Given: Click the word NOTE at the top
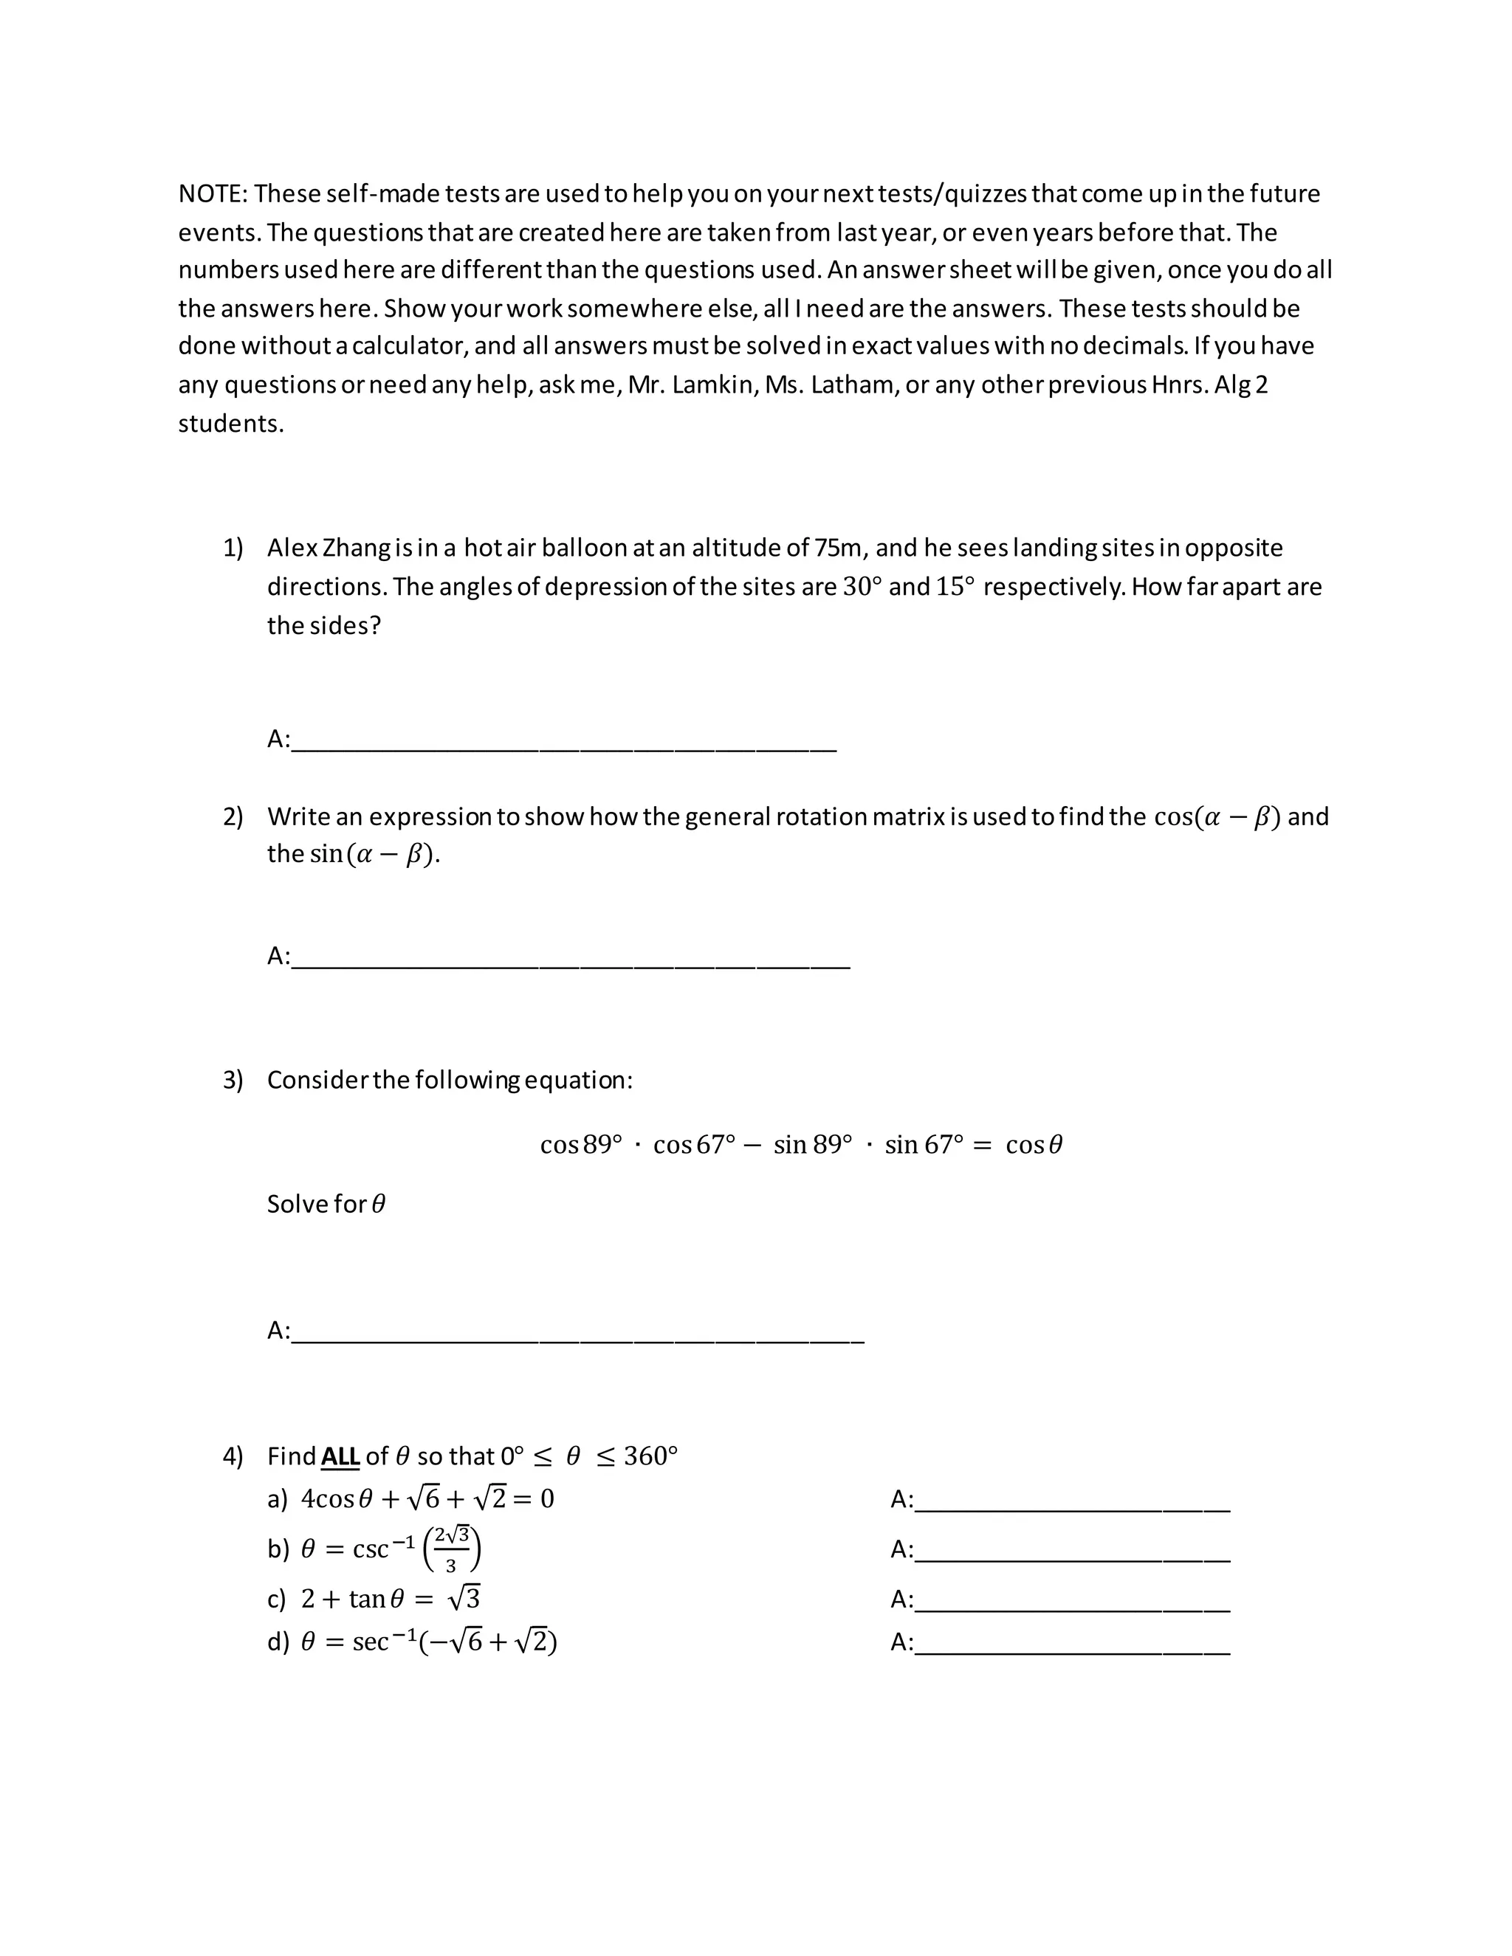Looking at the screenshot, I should point(210,193).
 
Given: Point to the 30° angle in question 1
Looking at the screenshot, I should point(862,587).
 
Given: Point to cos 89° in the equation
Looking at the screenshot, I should point(580,1145).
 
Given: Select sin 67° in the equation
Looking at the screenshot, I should point(924,1145).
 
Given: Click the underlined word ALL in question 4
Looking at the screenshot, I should point(340,1456).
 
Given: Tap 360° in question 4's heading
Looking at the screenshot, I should point(650,1456).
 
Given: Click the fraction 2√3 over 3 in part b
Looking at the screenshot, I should point(451,1550).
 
